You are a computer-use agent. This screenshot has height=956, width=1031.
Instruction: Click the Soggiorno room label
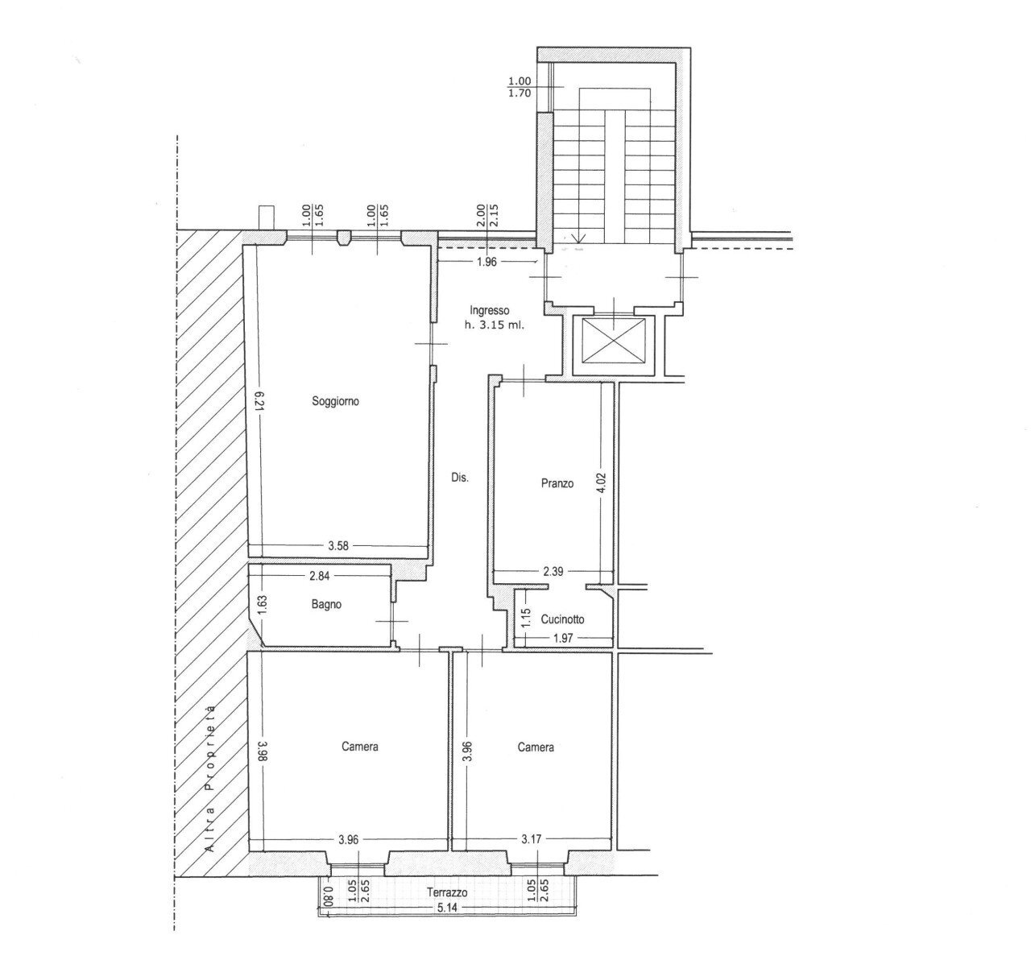click(x=335, y=401)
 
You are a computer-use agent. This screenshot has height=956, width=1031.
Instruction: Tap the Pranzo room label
click(x=557, y=483)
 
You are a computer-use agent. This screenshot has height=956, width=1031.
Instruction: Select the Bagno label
click(x=326, y=604)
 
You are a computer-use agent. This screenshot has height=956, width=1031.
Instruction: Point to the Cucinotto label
click(x=562, y=619)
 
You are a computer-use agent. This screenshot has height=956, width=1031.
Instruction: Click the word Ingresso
click(x=490, y=311)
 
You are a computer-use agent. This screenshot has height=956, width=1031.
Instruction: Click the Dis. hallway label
click(x=460, y=478)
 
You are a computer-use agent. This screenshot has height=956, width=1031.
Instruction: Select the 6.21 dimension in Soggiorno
click(x=261, y=401)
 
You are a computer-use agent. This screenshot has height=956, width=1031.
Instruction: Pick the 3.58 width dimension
click(x=338, y=546)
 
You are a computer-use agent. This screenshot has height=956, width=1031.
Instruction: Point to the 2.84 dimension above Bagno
click(x=319, y=575)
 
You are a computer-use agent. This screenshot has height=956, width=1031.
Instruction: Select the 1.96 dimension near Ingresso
click(x=487, y=263)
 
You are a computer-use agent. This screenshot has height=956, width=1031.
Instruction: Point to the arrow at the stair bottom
click(x=578, y=238)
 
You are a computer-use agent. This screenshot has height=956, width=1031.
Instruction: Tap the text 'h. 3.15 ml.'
click(x=495, y=326)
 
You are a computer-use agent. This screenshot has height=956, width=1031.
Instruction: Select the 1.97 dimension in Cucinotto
click(x=563, y=638)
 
